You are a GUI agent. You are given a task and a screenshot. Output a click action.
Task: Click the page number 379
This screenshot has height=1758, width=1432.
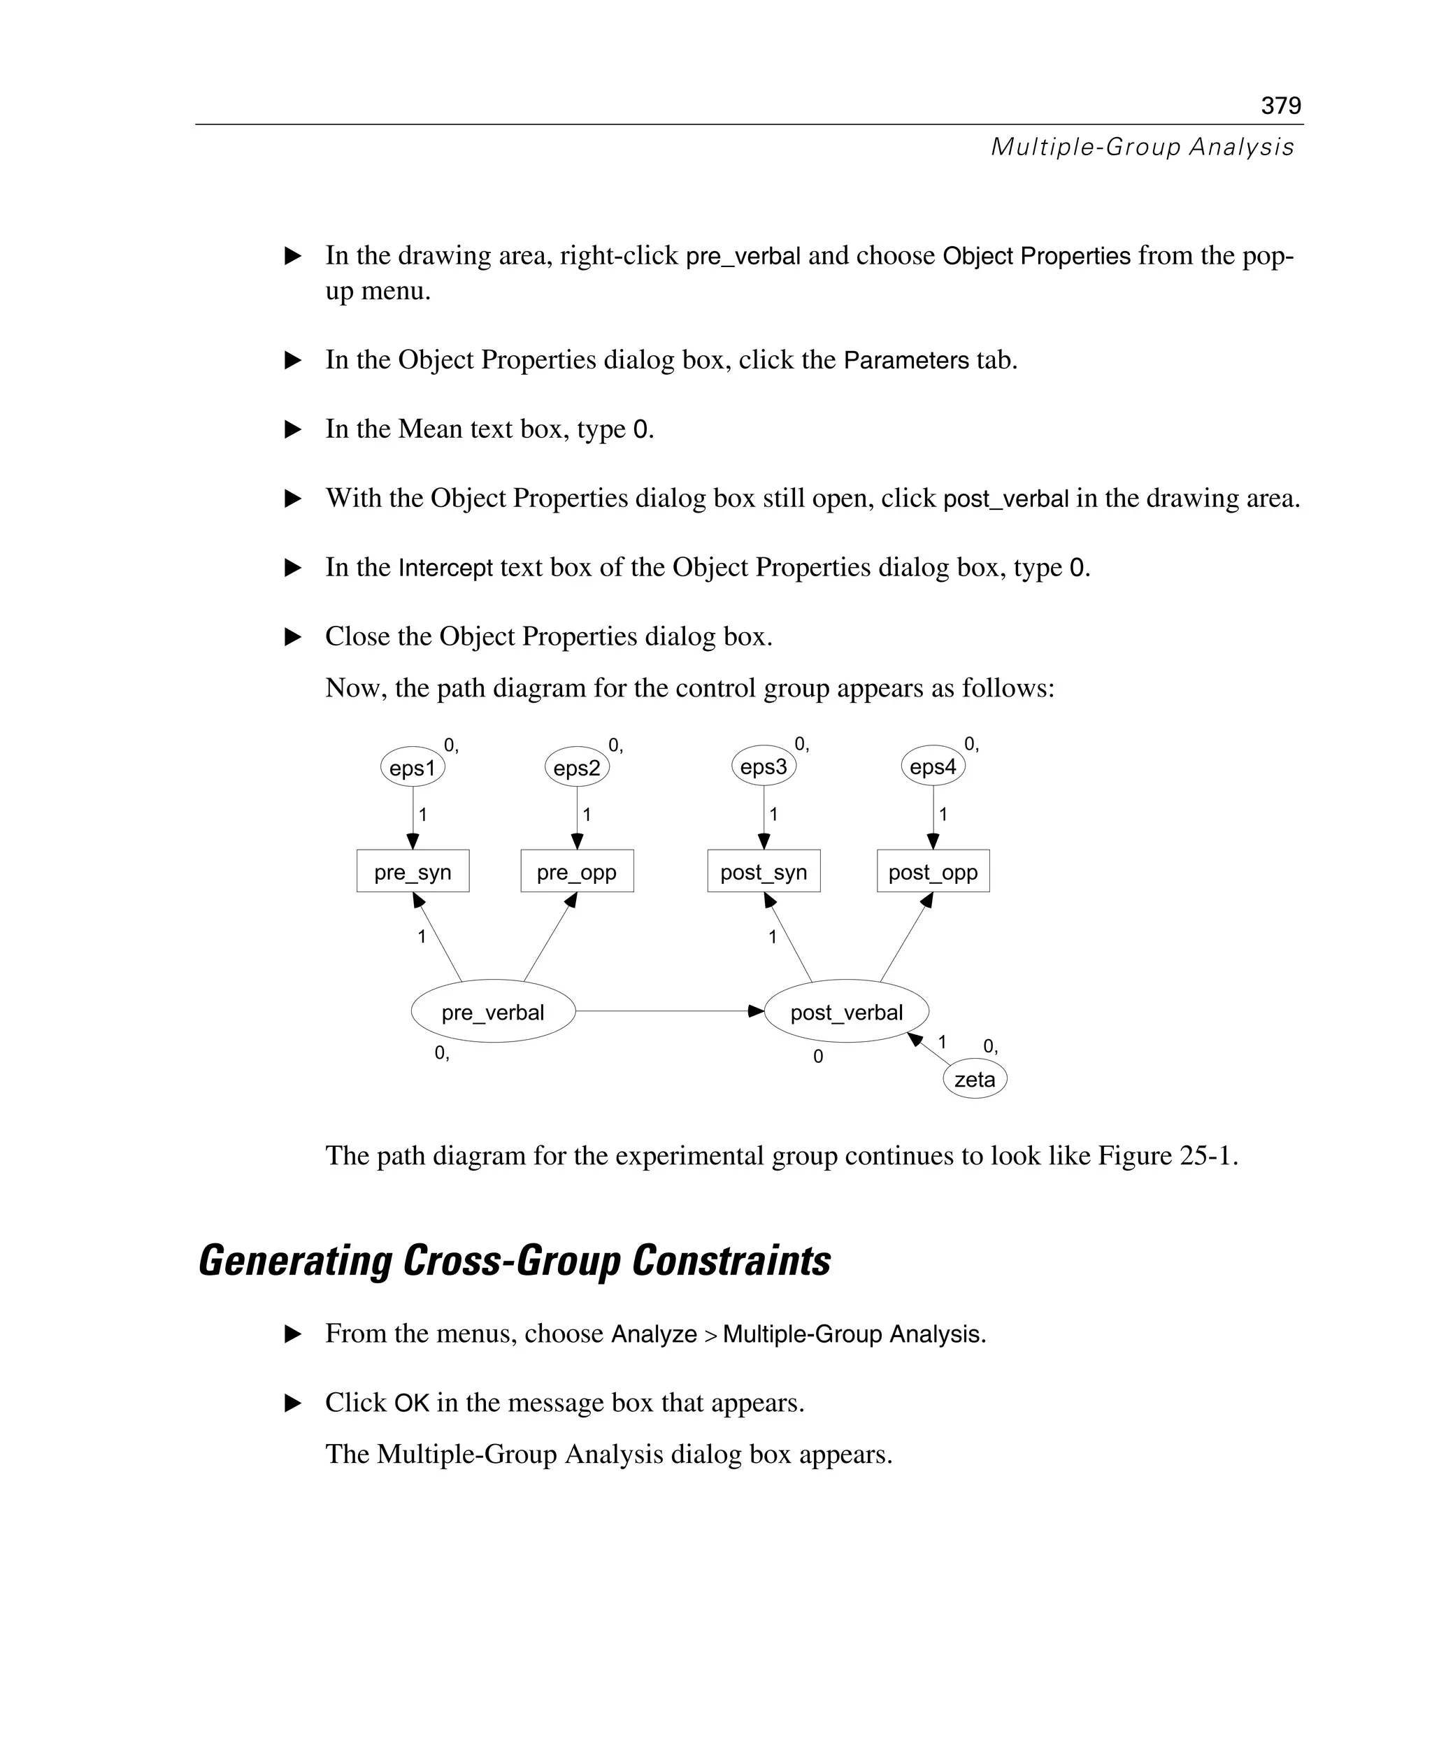point(1280,106)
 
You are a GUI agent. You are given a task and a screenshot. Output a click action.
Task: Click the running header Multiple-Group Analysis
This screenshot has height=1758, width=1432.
point(1142,147)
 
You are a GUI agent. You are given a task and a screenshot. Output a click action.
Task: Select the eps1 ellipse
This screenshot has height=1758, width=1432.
point(413,768)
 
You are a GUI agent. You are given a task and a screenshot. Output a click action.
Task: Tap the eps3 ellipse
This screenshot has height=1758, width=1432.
point(763,766)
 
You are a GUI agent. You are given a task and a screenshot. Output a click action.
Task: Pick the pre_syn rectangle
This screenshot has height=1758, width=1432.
point(413,871)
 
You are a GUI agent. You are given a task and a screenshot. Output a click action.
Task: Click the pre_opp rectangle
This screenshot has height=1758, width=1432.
point(577,871)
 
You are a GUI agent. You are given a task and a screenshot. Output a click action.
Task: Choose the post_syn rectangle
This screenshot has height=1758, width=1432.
point(763,871)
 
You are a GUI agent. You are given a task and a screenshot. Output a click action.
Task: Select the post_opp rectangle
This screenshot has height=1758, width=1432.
point(932,871)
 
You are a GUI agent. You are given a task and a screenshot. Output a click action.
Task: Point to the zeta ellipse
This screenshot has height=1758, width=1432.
point(974,1079)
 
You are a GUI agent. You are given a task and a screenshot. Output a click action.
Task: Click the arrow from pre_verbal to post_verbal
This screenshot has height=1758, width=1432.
point(668,1010)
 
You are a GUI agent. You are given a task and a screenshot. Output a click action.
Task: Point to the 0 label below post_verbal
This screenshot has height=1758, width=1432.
point(817,1056)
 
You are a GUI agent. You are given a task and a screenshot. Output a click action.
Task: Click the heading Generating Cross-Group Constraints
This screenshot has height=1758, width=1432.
point(514,1261)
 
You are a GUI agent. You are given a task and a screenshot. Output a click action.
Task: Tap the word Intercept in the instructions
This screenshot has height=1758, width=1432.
point(445,568)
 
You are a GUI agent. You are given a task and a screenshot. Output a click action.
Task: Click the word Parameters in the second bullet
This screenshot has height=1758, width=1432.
point(905,361)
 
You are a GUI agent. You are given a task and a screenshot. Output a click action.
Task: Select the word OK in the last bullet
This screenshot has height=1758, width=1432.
point(411,1403)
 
